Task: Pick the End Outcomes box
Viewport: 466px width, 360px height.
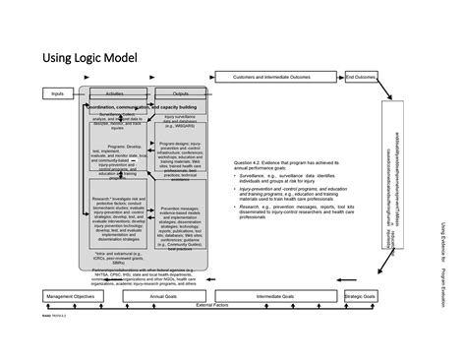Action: coord(360,76)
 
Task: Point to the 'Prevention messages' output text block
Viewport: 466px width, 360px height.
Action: coord(181,227)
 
